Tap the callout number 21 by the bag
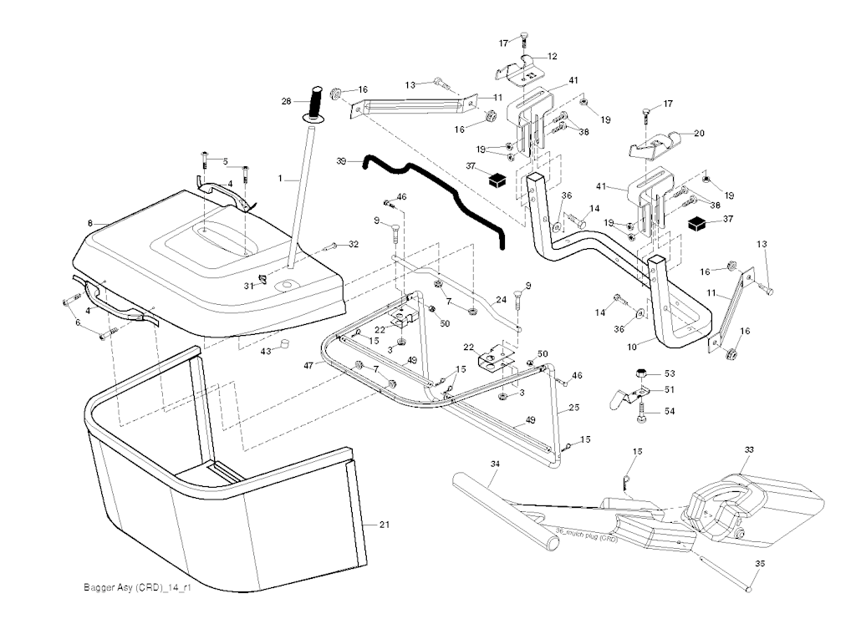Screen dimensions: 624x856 click(x=385, y=525)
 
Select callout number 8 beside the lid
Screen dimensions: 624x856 click(x=89, y=223)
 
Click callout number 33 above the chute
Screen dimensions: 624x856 click(x=749, y=449)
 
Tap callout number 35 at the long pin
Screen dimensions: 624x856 click(x=759, y=565)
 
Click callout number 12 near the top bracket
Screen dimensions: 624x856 click(x=553, y=56)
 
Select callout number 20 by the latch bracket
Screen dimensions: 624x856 click(x=700, y=134)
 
